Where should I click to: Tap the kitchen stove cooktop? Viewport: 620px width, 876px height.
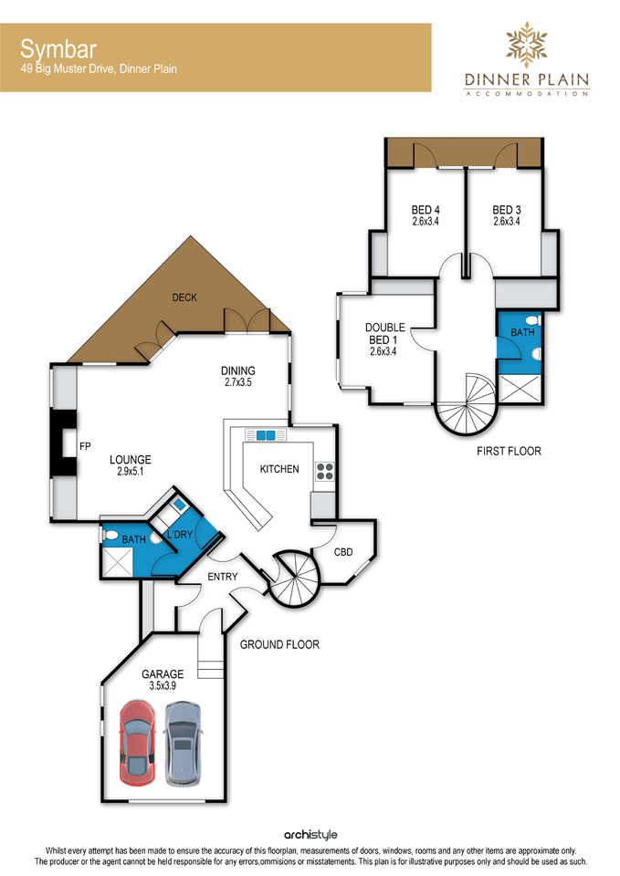325,471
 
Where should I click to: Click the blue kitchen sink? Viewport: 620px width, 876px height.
266,435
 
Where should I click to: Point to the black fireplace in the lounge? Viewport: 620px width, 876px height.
63,443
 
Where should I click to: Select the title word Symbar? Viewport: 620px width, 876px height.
58,49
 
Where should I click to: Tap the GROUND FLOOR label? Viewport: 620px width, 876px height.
279,645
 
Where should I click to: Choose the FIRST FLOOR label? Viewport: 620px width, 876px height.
509,452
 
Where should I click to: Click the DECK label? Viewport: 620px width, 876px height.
184,297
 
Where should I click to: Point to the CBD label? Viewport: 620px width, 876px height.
343,552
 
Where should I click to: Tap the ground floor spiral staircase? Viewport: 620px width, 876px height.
293,579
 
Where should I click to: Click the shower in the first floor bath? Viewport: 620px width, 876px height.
520,390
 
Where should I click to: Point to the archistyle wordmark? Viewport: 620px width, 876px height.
310,835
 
